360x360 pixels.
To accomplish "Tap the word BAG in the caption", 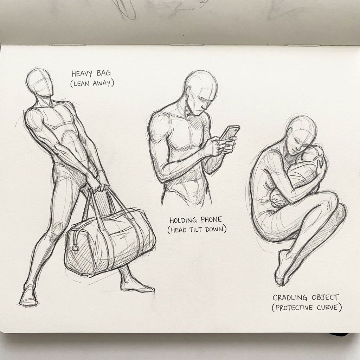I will tap(104, 74).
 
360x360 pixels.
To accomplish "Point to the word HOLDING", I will tap(184, 220).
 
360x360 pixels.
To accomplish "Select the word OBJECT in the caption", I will tap(324, 297).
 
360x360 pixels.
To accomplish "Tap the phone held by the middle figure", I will tap(230, 133).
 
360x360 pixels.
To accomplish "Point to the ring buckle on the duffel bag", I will tap(75, 248).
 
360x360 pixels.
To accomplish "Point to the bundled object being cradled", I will tap(302, 172).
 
